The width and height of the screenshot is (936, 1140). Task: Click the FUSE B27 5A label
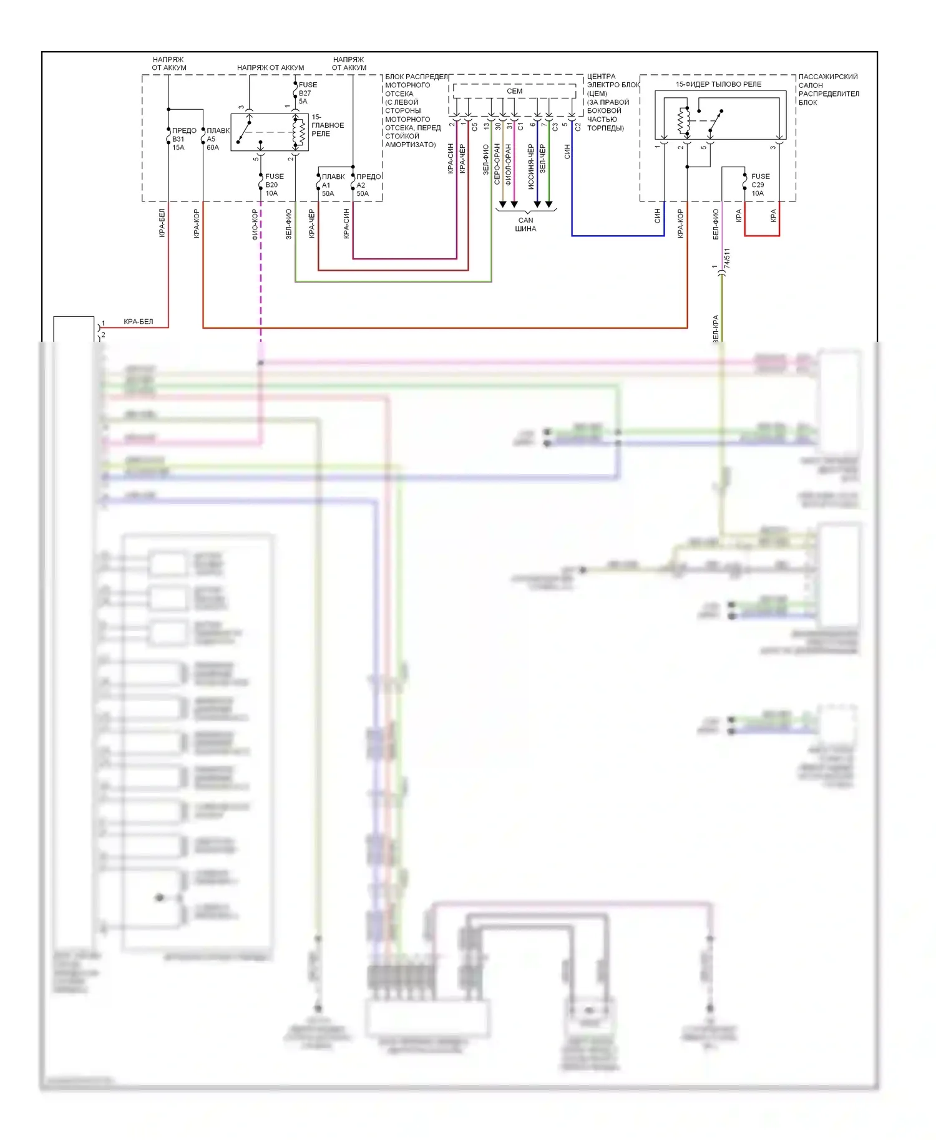click(x=307, y=93)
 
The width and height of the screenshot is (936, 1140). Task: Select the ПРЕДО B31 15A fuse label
click(x=183, y=139)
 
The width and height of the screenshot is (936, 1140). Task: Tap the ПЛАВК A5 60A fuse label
click(x=217, y=139)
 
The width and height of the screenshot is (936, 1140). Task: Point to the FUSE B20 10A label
click(x=273, y=185)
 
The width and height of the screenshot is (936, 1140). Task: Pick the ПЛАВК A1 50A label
click(x=332, y=185)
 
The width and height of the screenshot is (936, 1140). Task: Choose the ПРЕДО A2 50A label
click(x=368, y=185)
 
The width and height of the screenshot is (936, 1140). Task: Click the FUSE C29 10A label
click(x=759, y=185)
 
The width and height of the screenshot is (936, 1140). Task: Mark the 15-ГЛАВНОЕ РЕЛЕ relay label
click(x=327, y=125)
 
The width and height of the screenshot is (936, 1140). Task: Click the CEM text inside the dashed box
click(x=514, y=91)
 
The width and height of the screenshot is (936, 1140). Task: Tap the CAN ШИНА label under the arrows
click(x=525, y=225)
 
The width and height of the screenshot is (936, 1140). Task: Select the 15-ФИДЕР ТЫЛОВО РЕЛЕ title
click(x=718, y=84)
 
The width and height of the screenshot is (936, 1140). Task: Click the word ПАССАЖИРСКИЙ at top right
click(x=827, y=77)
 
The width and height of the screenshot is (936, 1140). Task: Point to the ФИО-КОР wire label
click(x=255, y=224)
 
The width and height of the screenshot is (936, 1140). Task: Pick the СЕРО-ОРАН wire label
click(x=497, y=164)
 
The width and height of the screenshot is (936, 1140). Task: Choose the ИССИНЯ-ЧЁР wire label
click(x=530, y=167)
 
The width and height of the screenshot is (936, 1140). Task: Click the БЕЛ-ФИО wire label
click(x=715, y=224)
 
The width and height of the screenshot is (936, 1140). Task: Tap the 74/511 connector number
click(x=727, y=258)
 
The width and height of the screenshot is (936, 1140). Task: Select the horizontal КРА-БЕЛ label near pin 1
click(x=138, y=322)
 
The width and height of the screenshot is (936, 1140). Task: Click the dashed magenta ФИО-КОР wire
click(x=261, y=281)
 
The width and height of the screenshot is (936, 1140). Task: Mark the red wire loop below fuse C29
click(x=762, y=235)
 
